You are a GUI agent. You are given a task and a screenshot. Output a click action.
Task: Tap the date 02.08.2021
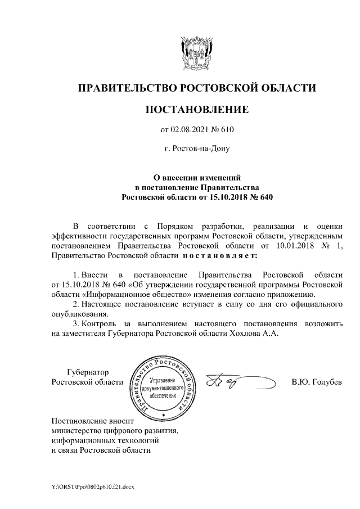tap(190, 130)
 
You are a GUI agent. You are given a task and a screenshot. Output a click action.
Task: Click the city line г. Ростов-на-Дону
tap(196, 149)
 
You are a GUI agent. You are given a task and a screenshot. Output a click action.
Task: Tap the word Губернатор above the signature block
tap(88, 372)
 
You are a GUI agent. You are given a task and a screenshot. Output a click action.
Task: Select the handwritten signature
tap(236, 382)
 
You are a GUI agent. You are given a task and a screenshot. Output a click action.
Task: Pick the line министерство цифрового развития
tap(115, 431)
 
